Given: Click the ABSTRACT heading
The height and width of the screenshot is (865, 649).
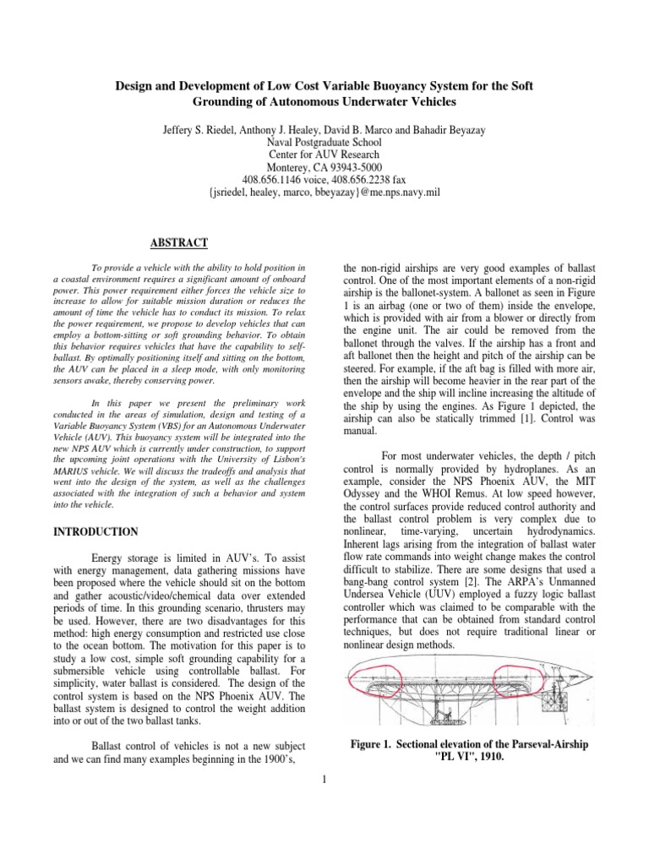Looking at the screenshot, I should point(178,242).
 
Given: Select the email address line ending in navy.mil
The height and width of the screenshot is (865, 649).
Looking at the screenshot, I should point(324,193).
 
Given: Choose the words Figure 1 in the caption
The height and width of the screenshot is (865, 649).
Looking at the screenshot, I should point(378,743).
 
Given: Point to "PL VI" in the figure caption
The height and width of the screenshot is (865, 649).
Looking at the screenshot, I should point(439,758).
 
